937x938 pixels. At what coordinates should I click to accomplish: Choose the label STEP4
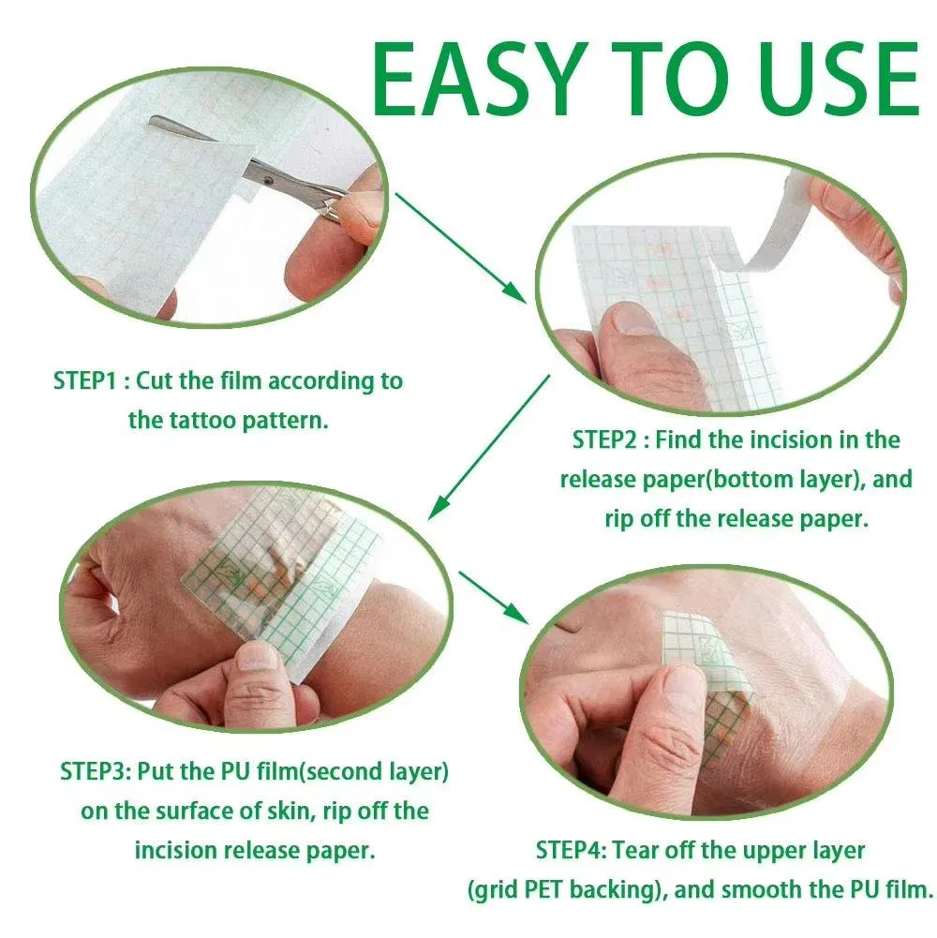(572, 850)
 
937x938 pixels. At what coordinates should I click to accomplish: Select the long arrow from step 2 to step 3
(488, 446)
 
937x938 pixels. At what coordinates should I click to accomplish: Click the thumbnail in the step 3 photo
(257, 655)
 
